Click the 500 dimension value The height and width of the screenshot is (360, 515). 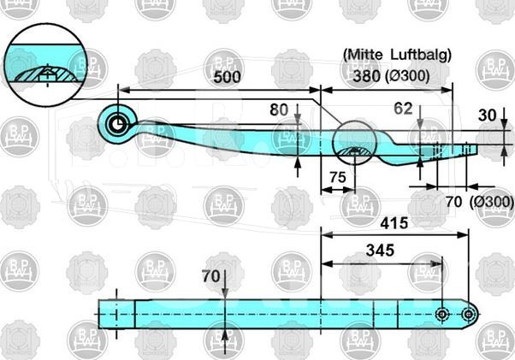227,77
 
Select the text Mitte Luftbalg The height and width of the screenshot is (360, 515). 397,55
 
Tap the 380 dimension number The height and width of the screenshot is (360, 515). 366,76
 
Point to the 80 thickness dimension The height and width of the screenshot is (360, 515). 279,110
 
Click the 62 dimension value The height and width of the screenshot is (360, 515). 403,109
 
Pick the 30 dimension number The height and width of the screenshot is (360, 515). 487,115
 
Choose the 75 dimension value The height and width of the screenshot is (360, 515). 338,178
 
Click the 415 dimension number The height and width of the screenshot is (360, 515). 394,223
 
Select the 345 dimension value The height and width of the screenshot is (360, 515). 380,251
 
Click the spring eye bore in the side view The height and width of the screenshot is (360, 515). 117,125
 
